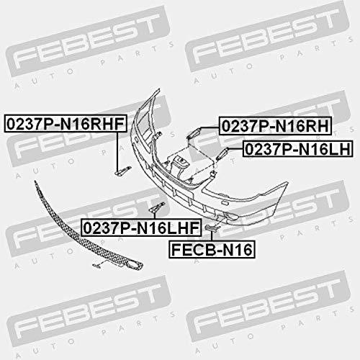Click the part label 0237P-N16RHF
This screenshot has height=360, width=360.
pyautogui.click(x=66, y=124)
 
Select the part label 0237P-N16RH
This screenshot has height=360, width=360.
pyautogui.click(x=275, y=126)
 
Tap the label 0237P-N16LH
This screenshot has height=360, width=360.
pyautogui.click(x=297, y=149)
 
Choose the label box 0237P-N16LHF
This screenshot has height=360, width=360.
pyautogui.click(x=141, y=228)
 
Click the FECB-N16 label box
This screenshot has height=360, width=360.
pyautogui.click(x=212, y=250)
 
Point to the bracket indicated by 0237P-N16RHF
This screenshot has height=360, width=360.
pyautogui.click(x=123, y=170)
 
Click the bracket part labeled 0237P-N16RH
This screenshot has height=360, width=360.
pyautogui.click(x=194, y=133)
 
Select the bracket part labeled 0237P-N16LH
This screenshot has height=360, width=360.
pyautogui.click(x=222, y=153)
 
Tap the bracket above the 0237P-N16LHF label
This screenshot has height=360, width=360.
pyautogui.click(x=157, y=207)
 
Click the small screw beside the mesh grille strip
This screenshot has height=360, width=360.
pyautogui.click(x=96, y=265)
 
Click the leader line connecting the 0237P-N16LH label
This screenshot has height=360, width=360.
pyautogui.click(x=235, y=149)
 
